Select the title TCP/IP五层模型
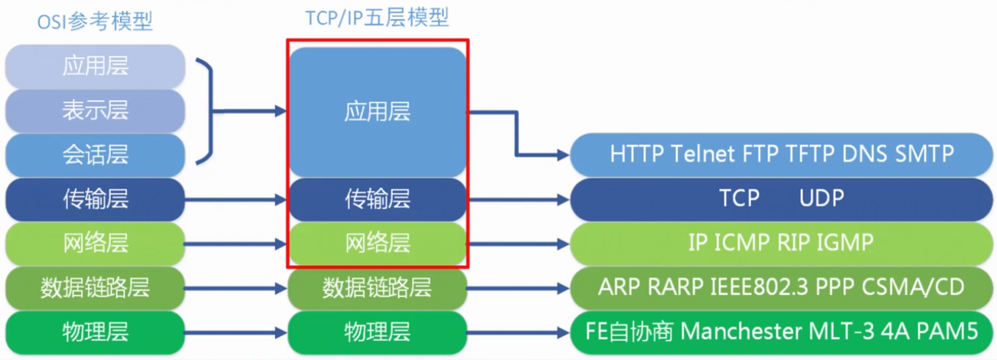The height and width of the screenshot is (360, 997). pos(377,17)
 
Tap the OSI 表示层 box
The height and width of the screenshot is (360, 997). pos(95,111)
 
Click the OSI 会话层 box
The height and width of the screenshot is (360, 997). pos(95,155)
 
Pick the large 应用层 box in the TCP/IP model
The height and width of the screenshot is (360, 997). pos(377,112)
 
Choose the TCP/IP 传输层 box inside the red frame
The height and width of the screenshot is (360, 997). pos(377,200)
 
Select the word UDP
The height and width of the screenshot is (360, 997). pos(822,198)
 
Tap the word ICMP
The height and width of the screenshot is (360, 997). pos(742,243)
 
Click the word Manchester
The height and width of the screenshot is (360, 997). pos(738,332)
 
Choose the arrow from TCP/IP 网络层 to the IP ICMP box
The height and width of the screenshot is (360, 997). pos(518,244)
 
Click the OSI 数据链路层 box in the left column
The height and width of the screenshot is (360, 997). pos(95,288)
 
